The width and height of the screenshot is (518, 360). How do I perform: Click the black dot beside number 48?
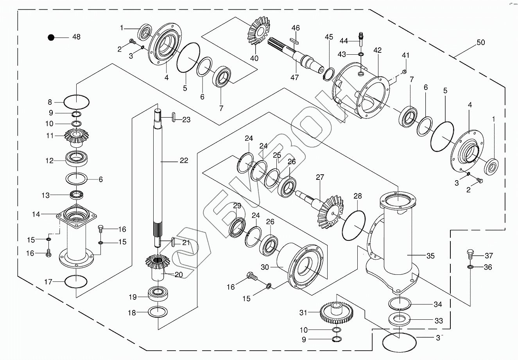coord(51,37)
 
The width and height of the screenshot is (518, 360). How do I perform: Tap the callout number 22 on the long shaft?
coord(183,160)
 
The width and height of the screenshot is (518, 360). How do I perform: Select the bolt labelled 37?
coord(471,254)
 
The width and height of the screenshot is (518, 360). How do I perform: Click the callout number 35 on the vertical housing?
coord(430,256)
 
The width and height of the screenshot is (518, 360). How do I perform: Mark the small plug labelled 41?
coord(405,71)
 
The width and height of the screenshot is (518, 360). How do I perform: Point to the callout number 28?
coord(357,196)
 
